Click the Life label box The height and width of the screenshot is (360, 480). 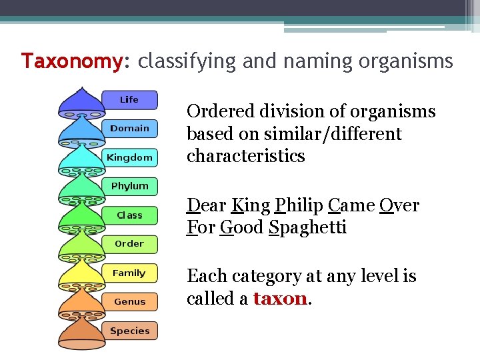tap(129, 100)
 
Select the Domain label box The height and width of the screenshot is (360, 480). tap(129, 129)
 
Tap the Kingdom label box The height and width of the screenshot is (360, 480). tap(129, 158)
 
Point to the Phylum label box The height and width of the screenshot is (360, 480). tap(129, 187)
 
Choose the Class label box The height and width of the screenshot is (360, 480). tap(129, 215)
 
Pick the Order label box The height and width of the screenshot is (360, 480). tap(129, 244)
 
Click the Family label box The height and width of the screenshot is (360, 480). tap(129, 273)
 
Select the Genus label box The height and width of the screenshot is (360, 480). tap(129, 302)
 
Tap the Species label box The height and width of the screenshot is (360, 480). tap(129, 331)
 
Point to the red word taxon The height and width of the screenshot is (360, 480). tap(280, 299)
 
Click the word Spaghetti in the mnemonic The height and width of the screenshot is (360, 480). tap(308, 228)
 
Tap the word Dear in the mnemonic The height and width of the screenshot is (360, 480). tap(205, 205)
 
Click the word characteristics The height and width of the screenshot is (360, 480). tap(245, 156)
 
